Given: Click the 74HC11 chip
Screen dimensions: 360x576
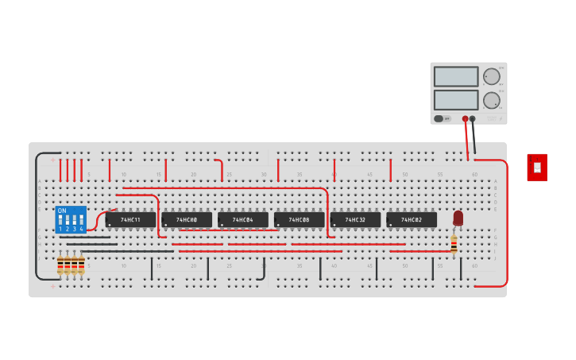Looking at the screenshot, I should point(130,219).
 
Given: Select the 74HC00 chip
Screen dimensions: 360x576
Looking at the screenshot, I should point(187,219).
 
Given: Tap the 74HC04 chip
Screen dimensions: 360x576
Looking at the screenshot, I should point(243,219).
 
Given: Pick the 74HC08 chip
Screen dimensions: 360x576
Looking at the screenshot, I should point(299,219).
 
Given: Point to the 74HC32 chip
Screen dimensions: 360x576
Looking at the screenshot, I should point(355,219).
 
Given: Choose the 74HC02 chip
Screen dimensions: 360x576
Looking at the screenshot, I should point(412,219).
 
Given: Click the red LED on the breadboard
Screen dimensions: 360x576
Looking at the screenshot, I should point(458,217).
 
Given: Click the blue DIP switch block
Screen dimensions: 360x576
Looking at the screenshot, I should point(70,219).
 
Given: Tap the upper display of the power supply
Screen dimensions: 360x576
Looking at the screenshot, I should point(456,76).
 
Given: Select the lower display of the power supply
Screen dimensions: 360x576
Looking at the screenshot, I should point(456,100).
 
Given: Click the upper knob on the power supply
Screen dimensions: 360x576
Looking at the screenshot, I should point(492,76).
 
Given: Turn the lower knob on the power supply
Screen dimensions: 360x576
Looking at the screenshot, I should point(492,100).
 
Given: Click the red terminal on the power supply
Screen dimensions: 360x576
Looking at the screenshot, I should point(466,119).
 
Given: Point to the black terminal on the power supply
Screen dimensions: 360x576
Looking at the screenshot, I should point(473,119).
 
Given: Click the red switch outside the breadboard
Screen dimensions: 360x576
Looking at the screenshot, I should point(537,167).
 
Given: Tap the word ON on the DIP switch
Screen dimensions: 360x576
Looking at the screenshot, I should point(62,211).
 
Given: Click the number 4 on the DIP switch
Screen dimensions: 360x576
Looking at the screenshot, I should point(81,229).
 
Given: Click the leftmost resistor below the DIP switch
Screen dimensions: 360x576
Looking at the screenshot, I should point(60,265).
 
